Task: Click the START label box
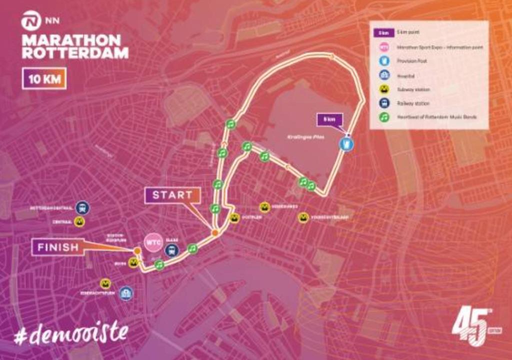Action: [172, 195]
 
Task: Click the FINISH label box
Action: [57, 247]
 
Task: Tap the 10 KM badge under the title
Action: [44, 79]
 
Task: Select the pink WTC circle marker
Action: [153, 242]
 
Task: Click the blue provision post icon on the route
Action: [345, 144]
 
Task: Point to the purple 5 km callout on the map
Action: [329, 119]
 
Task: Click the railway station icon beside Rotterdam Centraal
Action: [82, 207]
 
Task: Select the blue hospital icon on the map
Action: [126, 293]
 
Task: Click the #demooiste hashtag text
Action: [71, 334]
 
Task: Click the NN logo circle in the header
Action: [30, 22]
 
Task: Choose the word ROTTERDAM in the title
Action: [75, 53]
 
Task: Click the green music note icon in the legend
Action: [384, 117]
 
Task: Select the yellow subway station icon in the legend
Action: [384, 89]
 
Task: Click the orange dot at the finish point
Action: [136, 250]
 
